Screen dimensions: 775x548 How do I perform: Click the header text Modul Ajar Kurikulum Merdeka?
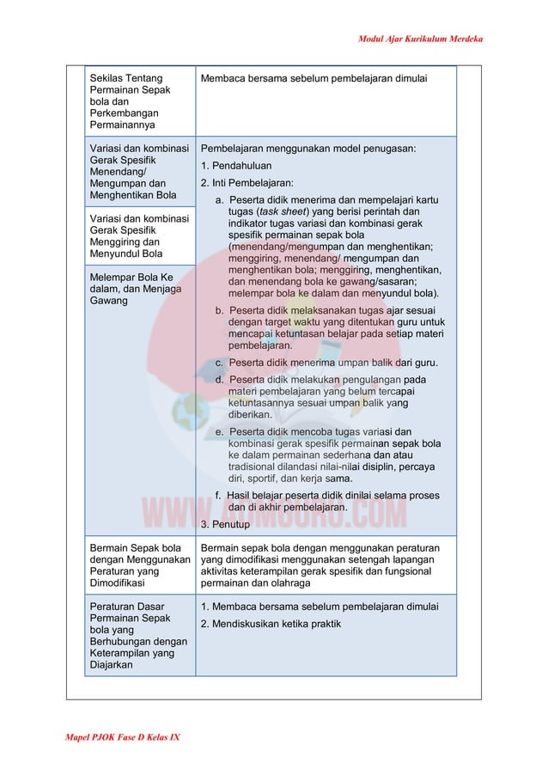pos(420,40)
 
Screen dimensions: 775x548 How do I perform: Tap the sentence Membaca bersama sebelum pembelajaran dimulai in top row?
pos(314,79)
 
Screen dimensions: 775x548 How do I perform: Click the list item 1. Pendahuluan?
pos(236,166)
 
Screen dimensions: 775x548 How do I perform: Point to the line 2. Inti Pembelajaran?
pos(247,183)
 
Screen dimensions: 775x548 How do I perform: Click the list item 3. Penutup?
pos(225,524)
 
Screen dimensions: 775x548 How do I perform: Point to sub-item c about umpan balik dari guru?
pos(326,363)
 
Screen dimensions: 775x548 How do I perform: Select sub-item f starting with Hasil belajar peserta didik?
pos(327,502)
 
